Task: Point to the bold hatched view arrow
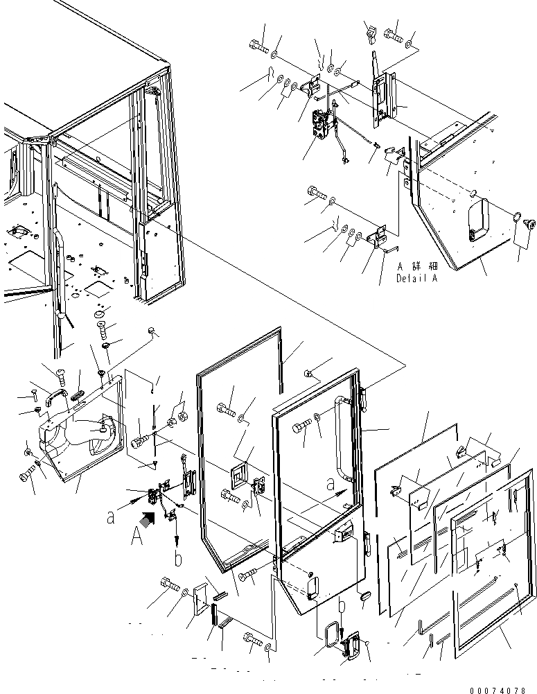tap(148, 517)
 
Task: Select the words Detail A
tap(417, 278)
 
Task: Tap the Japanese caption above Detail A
tap(418, 267)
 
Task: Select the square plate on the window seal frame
tap(240, 475)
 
